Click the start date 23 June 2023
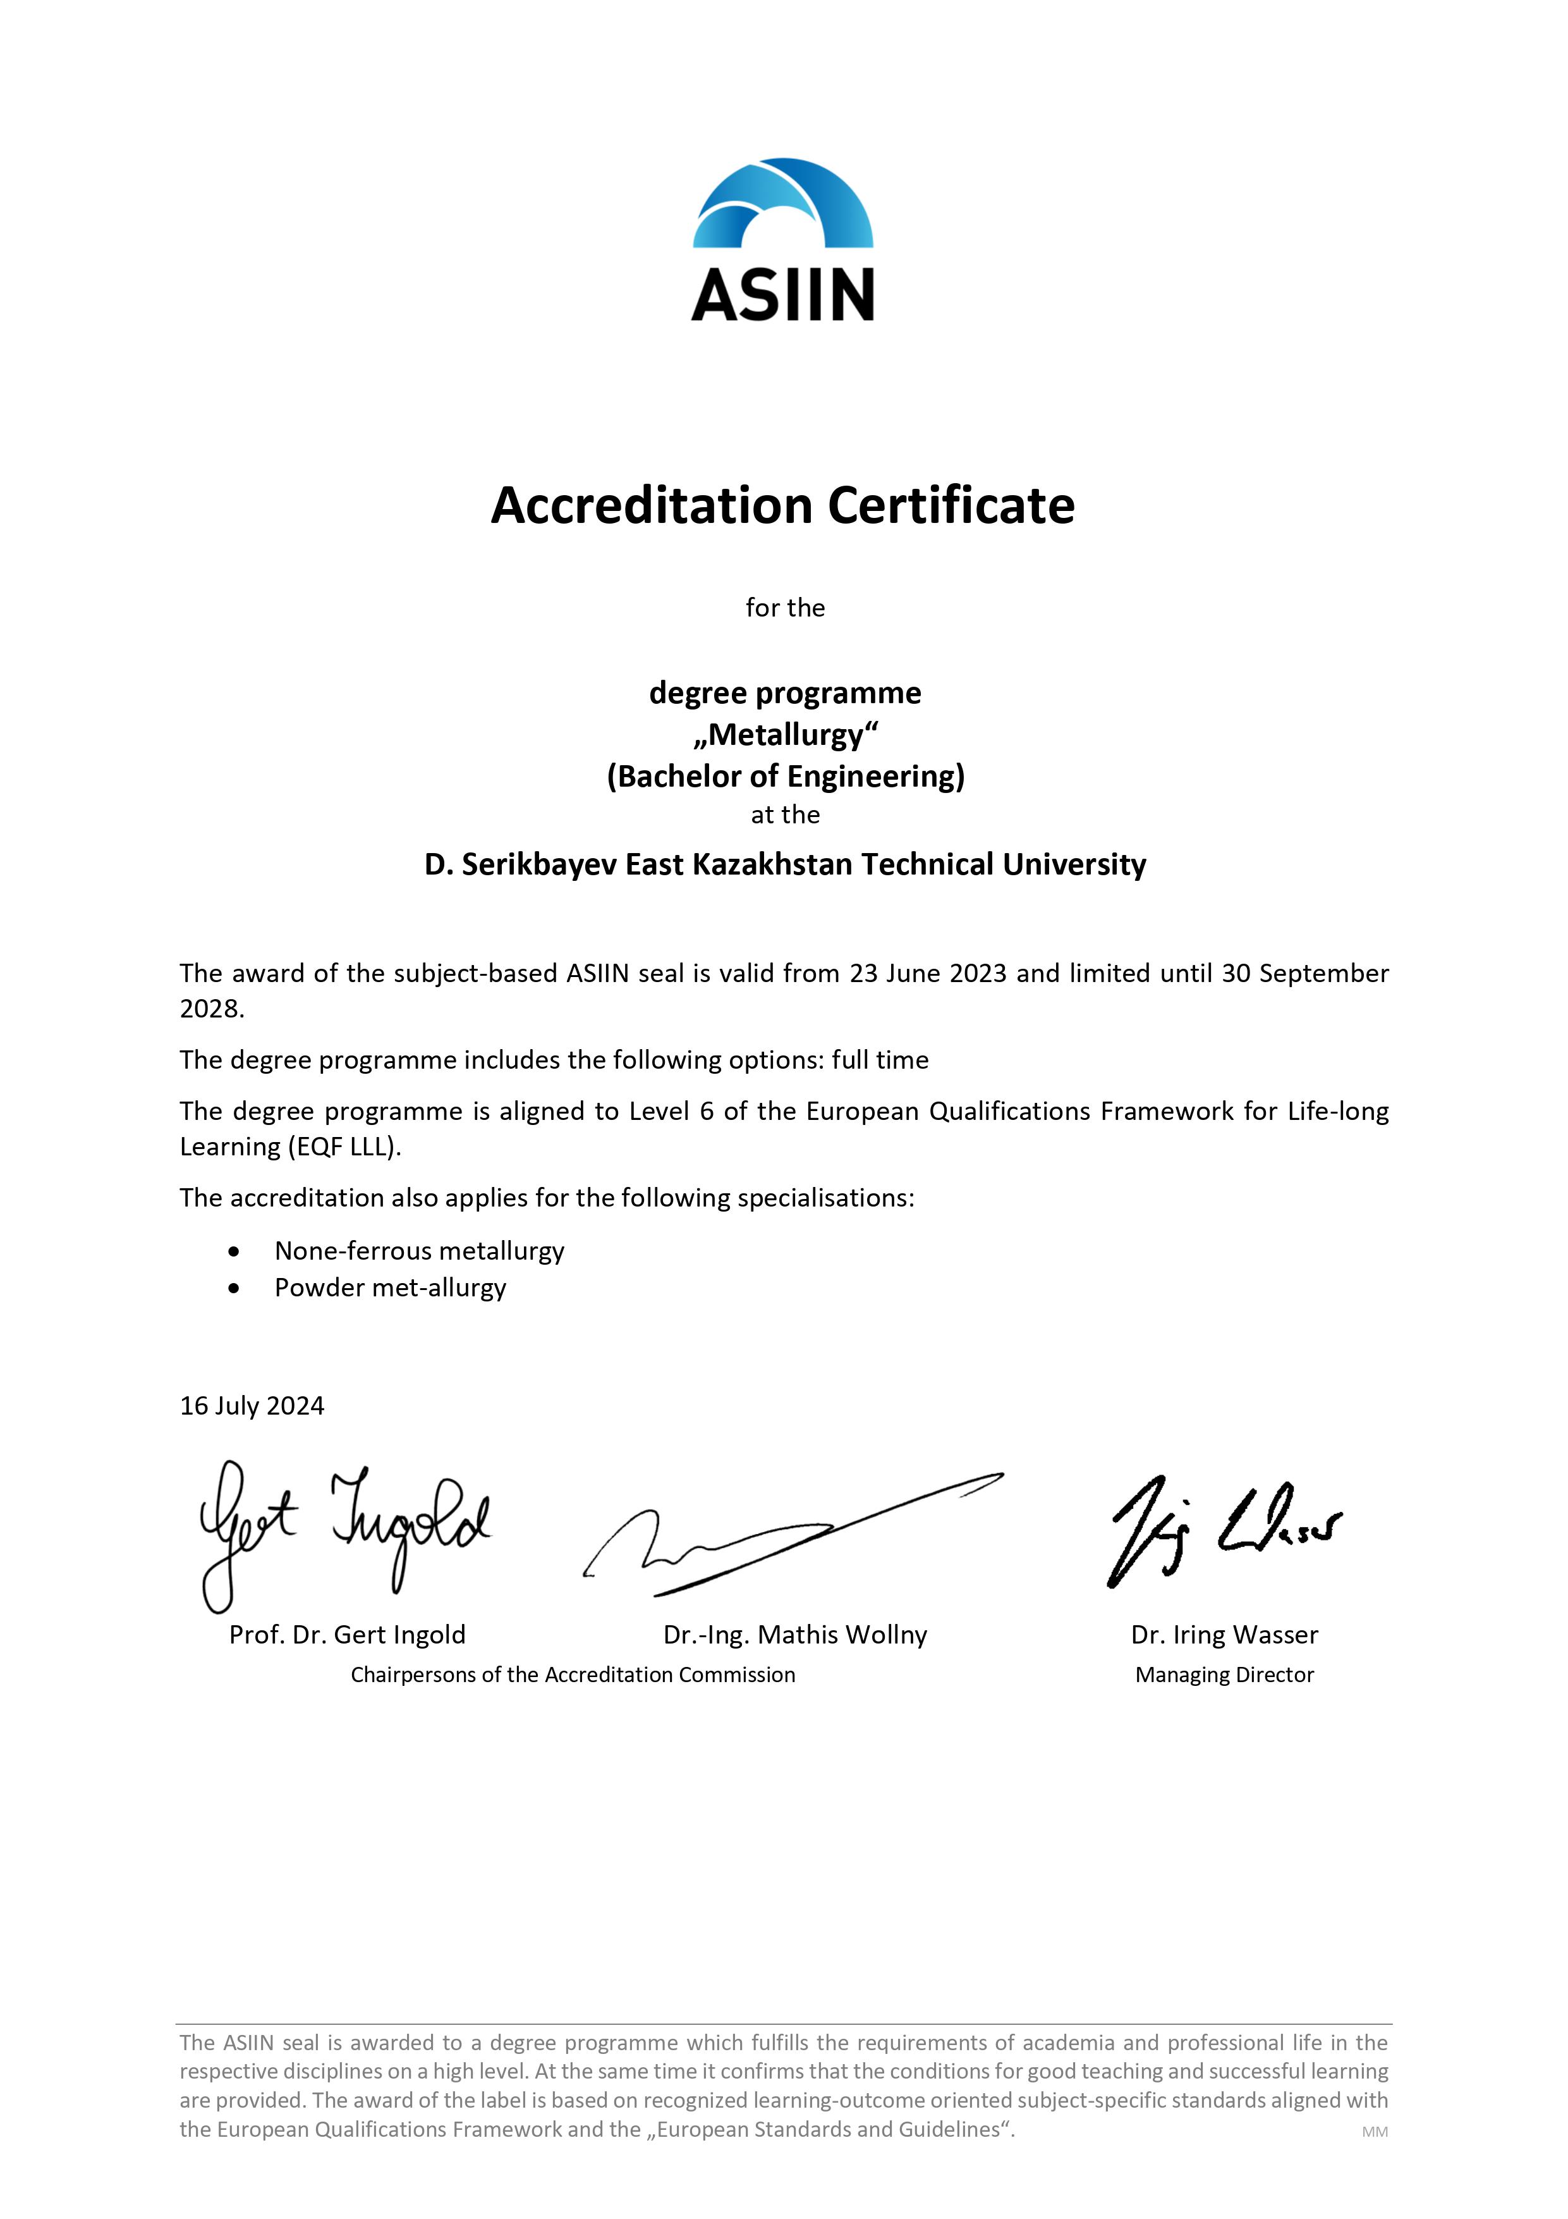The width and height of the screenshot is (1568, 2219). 928,973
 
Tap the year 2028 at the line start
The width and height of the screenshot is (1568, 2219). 210,1009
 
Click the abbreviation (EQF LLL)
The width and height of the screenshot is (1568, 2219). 343,1147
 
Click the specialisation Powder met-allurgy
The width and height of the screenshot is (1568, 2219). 391,1288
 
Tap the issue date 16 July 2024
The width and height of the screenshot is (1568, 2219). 252,1405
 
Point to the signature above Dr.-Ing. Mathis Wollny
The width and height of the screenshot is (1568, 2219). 792,1537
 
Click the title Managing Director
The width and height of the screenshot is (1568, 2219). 1224,1675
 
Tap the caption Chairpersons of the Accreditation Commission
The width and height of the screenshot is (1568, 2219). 573,1675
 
